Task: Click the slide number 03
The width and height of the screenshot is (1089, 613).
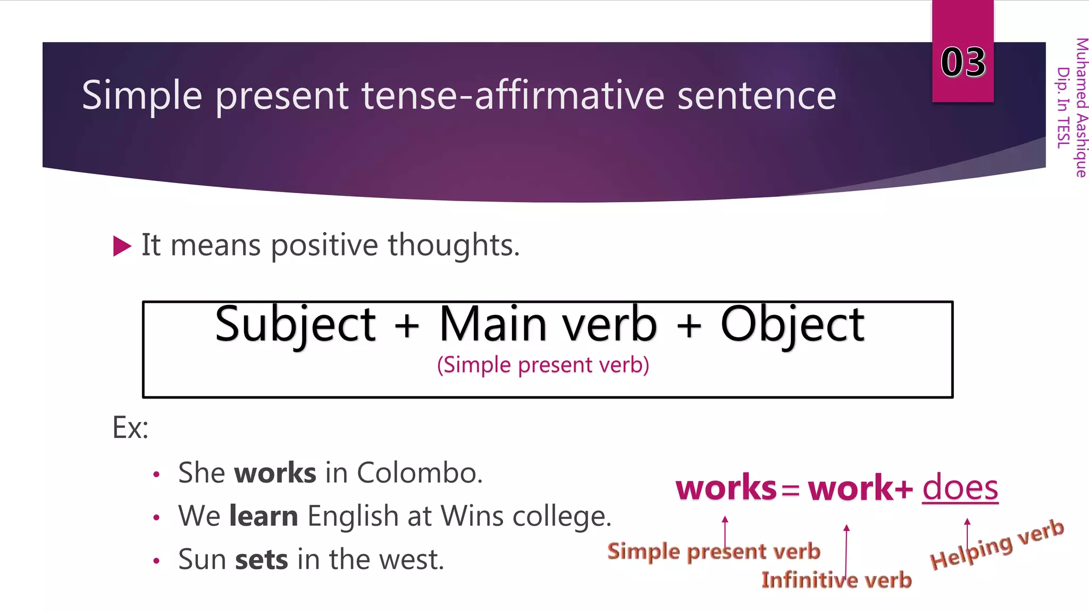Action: (963, 62)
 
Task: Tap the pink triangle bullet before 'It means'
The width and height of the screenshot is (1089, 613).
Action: (122, 246)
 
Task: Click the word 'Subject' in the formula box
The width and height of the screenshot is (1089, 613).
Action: (295, 325)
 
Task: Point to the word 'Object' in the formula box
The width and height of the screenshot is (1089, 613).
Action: (792, 325)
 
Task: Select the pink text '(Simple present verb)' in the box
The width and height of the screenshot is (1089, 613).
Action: (543, 365)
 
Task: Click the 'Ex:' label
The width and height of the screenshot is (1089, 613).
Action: (130, 427)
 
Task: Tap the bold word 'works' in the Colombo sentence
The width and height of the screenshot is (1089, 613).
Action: (275, 473)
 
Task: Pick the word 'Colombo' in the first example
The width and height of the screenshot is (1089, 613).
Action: (419, 473)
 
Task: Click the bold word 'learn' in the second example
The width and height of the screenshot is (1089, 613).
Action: (264, 516)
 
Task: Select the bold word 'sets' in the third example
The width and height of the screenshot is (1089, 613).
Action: (262, 560)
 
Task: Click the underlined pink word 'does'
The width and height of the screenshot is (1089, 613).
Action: (960, 487)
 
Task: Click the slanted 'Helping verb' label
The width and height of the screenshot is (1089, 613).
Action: (997, 544)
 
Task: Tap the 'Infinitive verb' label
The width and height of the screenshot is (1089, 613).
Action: (836, 580)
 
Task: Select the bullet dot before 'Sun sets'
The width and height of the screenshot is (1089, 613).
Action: (156, 561)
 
